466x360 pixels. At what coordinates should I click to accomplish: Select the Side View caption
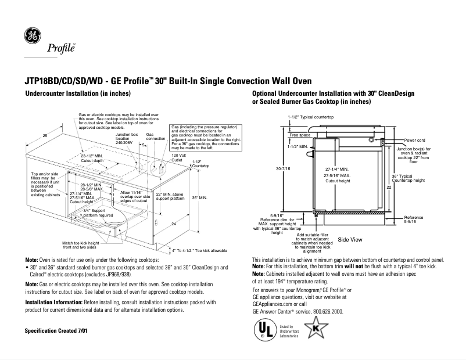(350, 239)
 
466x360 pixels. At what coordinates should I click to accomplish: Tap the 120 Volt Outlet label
(178, 157)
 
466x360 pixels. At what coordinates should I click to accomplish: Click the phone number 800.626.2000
(326, 311)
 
